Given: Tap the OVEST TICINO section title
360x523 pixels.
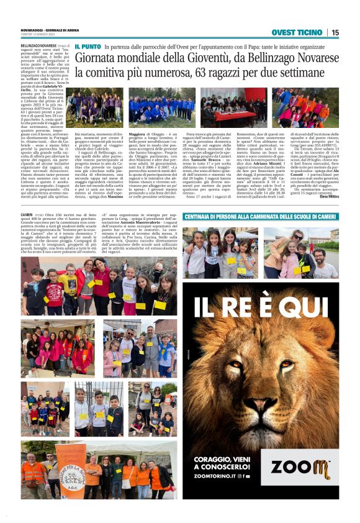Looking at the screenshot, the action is pos(297,32).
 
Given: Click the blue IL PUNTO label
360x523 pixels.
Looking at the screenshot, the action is pos(88,47).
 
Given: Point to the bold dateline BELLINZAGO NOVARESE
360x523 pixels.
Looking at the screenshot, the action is pos(38,46).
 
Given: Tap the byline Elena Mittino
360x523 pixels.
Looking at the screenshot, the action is pos(328,196).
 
